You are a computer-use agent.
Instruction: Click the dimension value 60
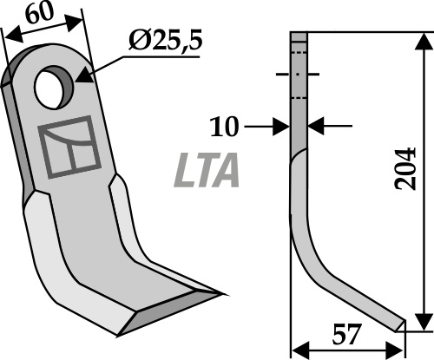[x=40, y=13]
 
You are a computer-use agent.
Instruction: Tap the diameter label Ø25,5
[x=165, y=41]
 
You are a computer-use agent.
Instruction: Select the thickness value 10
[x=225, y=127]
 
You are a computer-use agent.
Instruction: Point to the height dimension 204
[x=405, y=169]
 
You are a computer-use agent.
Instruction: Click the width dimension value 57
[x=347, y=335]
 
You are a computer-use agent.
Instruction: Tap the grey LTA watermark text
[x=207, y=170]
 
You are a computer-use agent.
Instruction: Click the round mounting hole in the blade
[x=54, y=87]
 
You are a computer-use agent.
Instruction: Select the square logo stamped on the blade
[x=69, y=147]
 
